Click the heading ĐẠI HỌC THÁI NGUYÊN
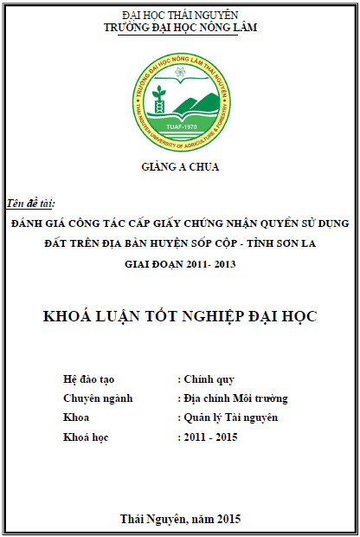180,16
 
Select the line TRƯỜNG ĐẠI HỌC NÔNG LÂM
180,28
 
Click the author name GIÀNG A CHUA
180,166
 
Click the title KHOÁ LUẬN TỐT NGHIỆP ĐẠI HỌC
180,316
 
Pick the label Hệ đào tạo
89,379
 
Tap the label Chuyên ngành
97,398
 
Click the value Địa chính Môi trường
235,398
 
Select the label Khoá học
87,437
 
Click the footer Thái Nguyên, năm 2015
180,519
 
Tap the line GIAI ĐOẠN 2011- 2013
180,264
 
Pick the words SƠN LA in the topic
297,243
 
